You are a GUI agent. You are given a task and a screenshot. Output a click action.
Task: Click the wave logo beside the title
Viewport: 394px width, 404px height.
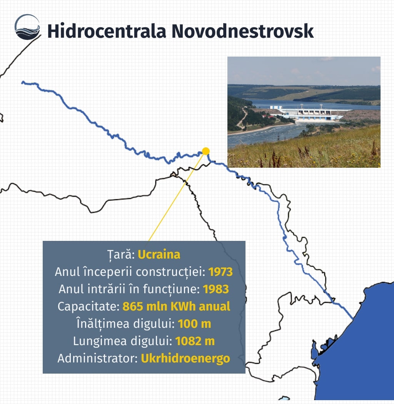click(x=27, y=27)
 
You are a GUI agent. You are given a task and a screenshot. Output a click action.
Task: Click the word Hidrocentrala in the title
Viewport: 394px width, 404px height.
click(x=107, y=31)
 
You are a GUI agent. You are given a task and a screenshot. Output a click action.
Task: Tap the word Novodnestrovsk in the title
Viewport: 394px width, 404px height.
click(x=242, y=31)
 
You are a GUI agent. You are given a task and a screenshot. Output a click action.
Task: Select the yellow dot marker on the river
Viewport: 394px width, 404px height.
click(x=205, y=151)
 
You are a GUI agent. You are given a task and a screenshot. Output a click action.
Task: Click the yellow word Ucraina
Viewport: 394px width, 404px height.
click(x=159, y=255)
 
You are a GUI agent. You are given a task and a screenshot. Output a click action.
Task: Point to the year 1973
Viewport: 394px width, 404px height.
click(x=220, y=272)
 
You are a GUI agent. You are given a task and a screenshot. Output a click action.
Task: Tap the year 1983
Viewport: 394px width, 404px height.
click(x=216, y=289)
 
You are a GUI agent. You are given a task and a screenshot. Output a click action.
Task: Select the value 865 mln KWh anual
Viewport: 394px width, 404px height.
click(x=176, y=306)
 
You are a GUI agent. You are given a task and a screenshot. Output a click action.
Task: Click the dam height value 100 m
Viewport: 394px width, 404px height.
click(x=194, y=324)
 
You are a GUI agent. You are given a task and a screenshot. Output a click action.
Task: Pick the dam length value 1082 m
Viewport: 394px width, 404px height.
click(x=195, y=341)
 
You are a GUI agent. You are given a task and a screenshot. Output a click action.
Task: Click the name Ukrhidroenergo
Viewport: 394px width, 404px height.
click(x=185, y=359)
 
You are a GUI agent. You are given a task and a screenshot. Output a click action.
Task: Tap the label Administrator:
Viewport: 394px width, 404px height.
click(x=98, y=358)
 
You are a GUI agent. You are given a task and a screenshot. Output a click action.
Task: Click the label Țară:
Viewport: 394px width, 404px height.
click(x=121, y=255)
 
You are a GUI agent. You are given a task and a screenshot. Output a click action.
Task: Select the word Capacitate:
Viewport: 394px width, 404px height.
click(x=88, y=307)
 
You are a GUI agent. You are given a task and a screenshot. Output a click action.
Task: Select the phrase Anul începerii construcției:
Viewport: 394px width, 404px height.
click(x=130, y=272)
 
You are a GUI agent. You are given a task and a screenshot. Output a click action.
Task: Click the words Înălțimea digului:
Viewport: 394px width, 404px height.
click(x=126, y=324)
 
